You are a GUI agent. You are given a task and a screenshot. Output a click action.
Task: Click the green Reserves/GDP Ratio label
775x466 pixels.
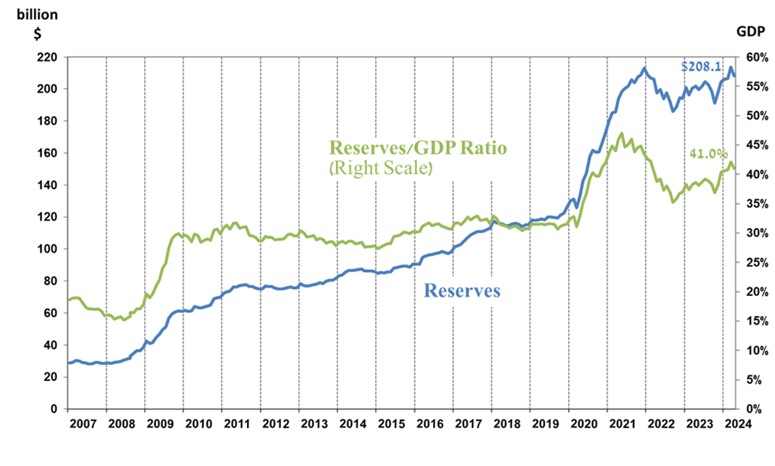pyautogui.click(x=418, y=148)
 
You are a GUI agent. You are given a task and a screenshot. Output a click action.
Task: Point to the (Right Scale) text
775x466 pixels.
pyautogui.click(x=379, y=167)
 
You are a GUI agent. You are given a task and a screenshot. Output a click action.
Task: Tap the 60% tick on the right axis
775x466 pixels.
pyautogui.click(x=755, y=57)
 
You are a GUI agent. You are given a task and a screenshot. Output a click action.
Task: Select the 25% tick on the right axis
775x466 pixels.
pyautogui.click(x=755, y=262)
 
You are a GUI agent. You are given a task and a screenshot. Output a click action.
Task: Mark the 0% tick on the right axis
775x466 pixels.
pyautogui.click(x=757, y=409)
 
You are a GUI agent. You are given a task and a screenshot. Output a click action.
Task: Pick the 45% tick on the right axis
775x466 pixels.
pyautogui.click(x=755, y=145)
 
